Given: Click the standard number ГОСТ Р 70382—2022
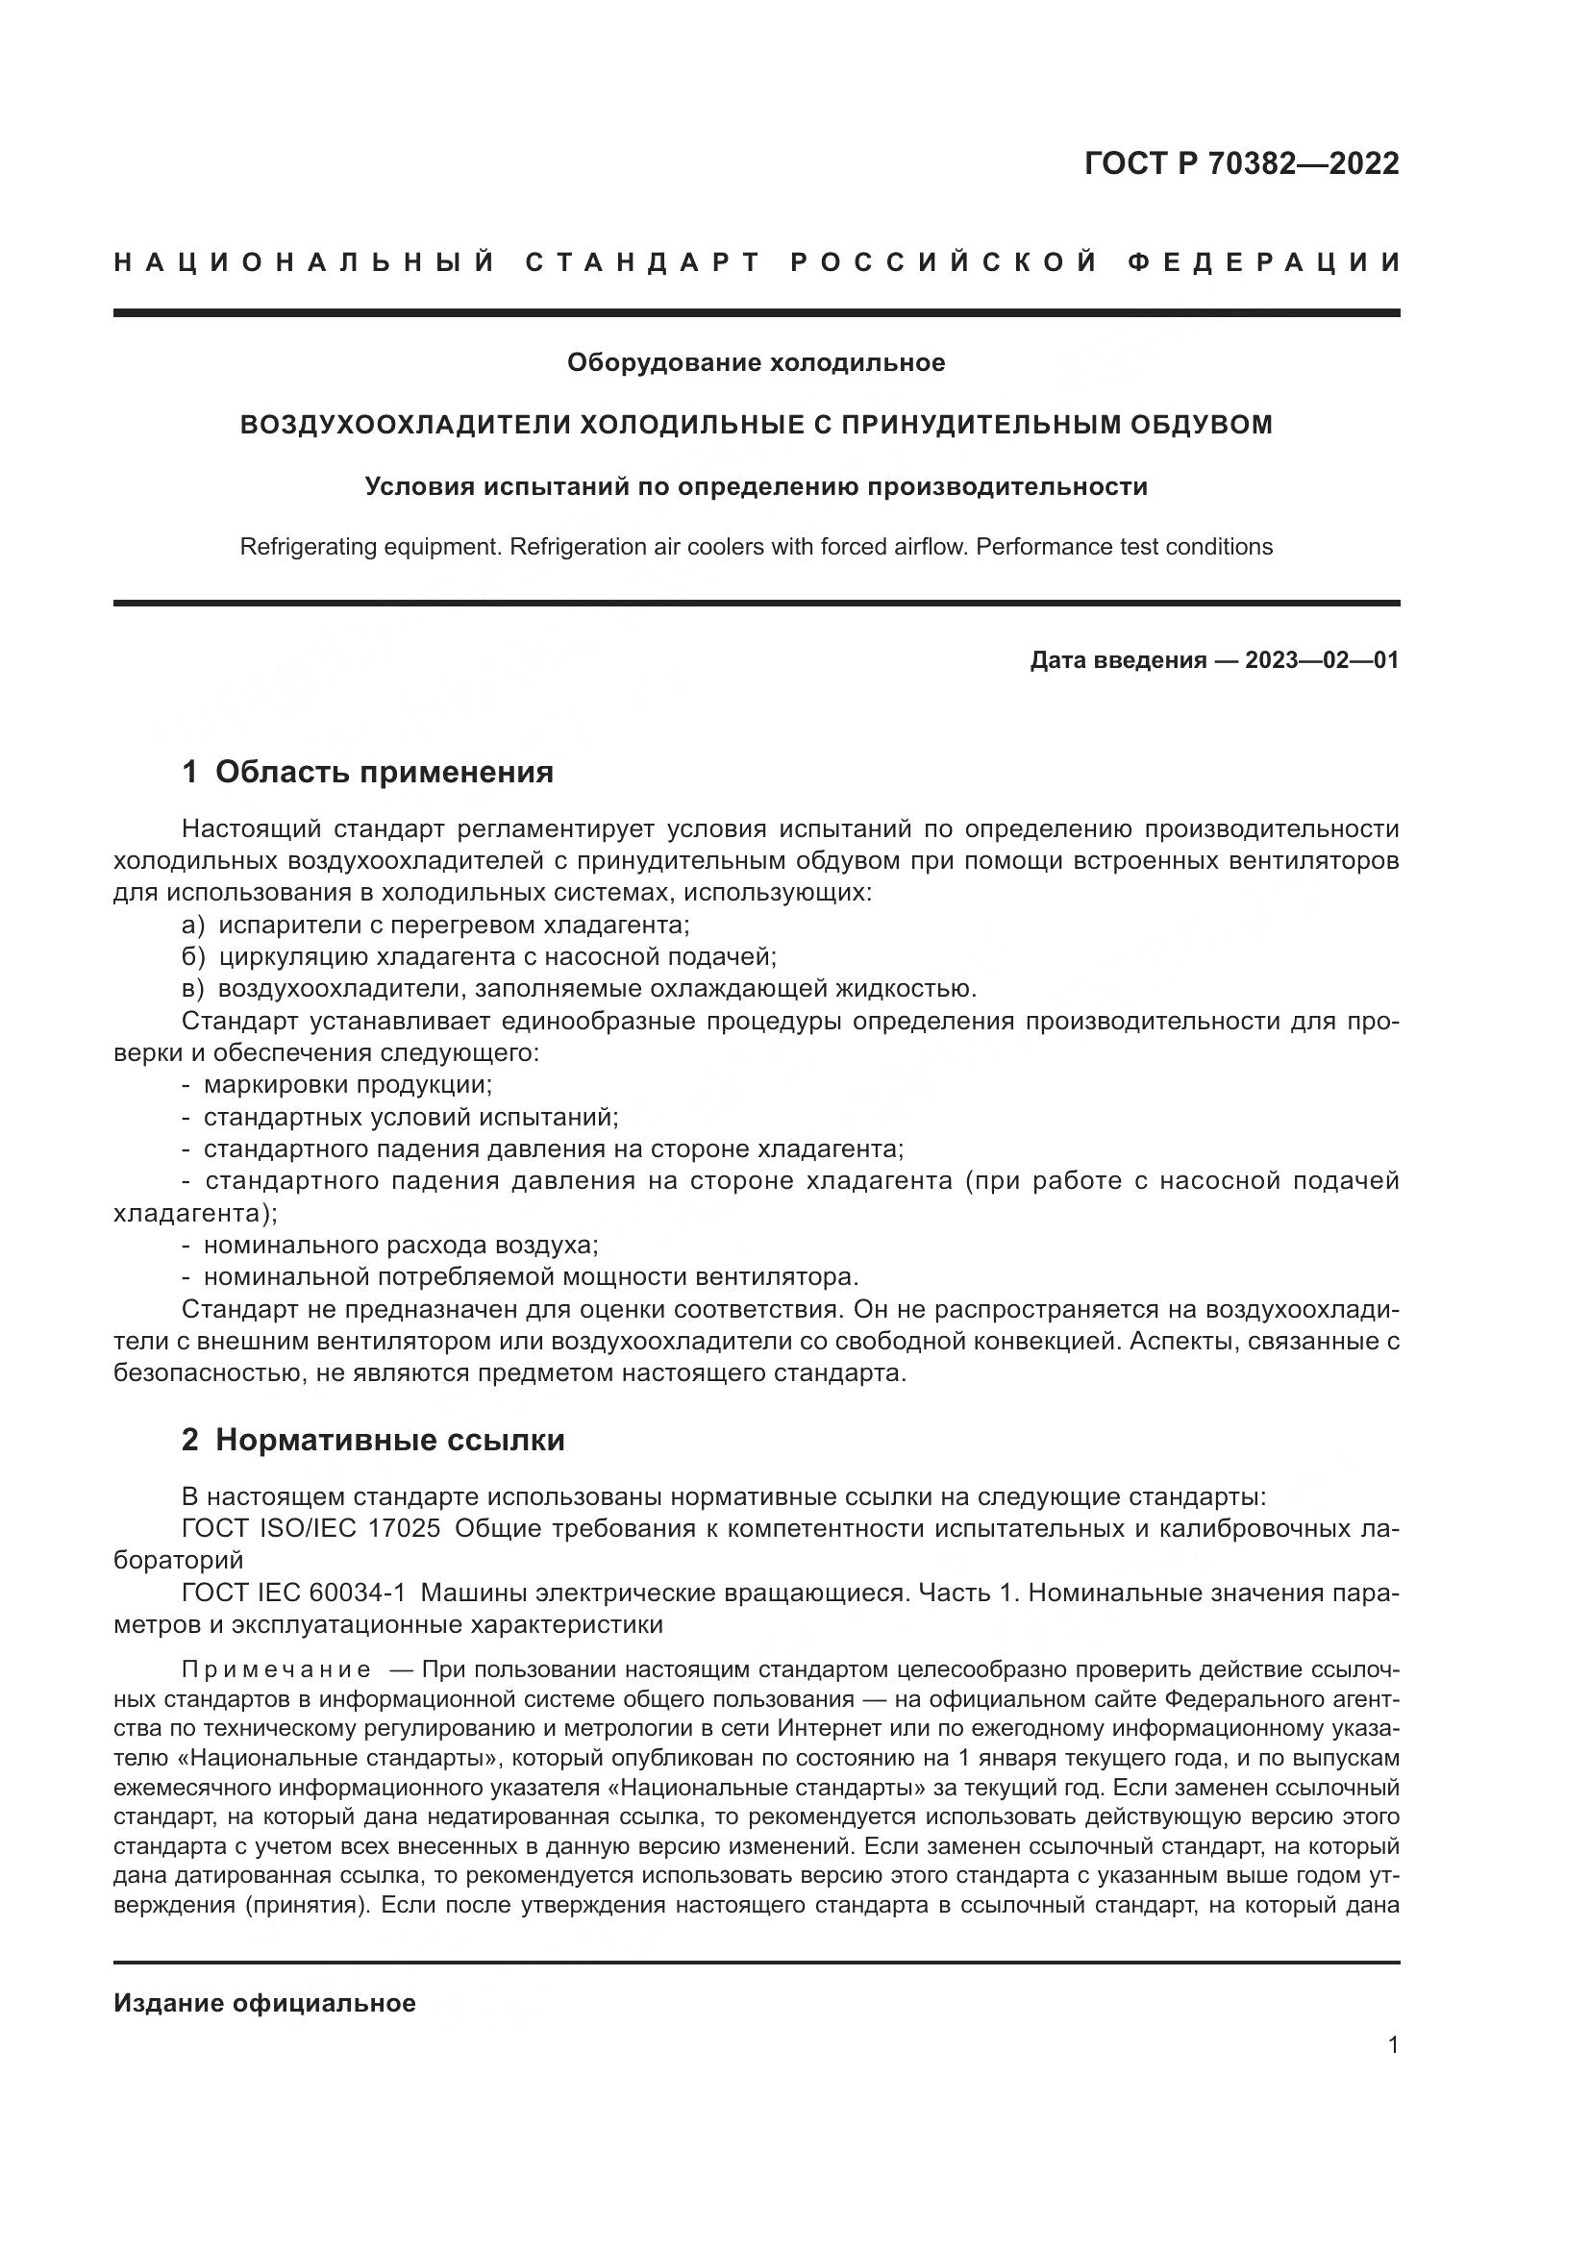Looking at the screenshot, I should click(1241, 163).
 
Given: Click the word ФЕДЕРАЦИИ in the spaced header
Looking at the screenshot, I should click(1264, 262).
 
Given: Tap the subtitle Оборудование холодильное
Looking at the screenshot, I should click(756, 363).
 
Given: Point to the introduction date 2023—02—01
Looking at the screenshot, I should click(1322, 661).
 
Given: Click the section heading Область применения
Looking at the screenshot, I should click(384, 773).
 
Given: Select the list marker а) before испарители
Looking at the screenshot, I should click(193, 926).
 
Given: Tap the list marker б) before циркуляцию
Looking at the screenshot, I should click(193, 957).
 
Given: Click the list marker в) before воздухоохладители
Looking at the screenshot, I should click(193, 989).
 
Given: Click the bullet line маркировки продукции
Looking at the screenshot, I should click(348, 1085).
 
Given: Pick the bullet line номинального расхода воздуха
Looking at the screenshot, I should click(401, 1246).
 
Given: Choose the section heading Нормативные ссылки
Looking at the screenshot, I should click(389, 1441).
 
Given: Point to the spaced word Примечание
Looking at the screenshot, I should click(276, 1669).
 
